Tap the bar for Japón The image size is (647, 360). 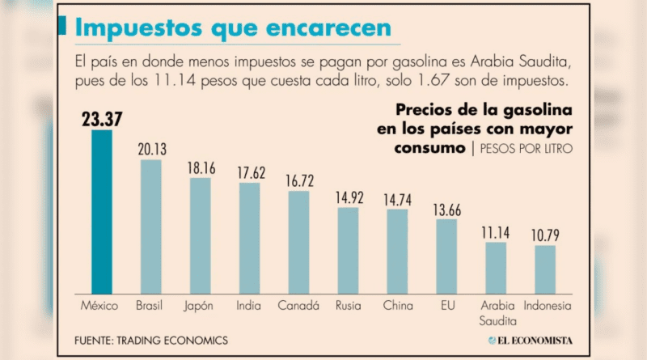(200, 235)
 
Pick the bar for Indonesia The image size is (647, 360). (544, 269)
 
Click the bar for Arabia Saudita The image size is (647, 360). (495, 267)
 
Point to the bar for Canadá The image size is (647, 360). (298, 241)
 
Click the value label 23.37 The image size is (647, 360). (102, 119)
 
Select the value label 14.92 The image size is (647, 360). (348, 197)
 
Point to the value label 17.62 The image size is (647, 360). (249, 172)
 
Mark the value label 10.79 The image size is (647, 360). (544, 235)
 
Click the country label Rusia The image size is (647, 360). (348, 307)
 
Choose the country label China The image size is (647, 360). (397, 307)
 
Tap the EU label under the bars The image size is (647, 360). (446, 307)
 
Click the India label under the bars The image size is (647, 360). (249, 307)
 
